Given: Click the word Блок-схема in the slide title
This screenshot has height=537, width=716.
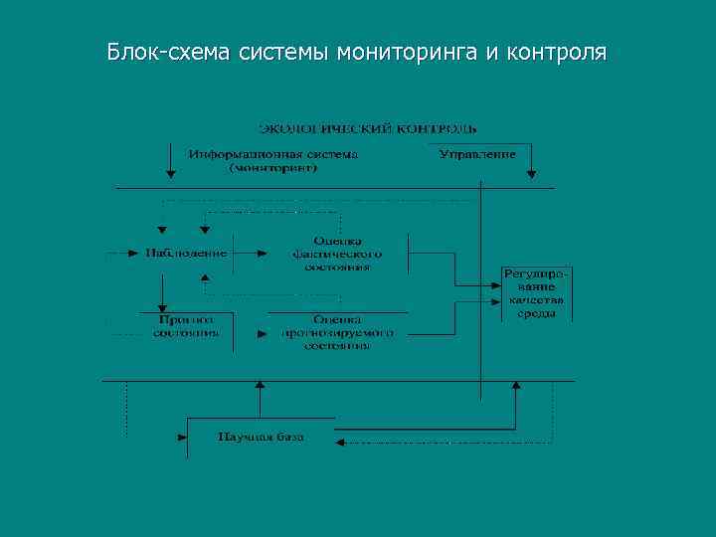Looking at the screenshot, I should click(x=168, y=51).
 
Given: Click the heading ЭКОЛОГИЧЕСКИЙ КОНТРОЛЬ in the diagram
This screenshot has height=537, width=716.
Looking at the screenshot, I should click(x=368, y=128).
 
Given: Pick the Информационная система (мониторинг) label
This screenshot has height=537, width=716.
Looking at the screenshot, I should click(x=273, y=162).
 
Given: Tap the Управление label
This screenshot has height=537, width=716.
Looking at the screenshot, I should click(x=478, y=155).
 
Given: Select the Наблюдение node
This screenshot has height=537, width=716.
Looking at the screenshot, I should click(x=186, y=253).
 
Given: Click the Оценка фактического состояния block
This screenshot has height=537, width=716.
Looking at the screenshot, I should click(x=338, y=254).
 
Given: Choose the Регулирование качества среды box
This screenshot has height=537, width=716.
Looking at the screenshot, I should click(x=536, y=292).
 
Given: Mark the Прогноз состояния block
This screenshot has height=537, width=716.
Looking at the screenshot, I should click(x=186, y=327).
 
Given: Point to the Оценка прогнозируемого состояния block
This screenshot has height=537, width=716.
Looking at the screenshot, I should click(x=338, y=332).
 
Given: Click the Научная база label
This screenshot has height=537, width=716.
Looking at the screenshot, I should click(x=261, y=437).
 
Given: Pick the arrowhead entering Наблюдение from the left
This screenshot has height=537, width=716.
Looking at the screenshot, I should click(x=136, y=253).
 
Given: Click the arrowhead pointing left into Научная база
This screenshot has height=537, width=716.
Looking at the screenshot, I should click(x=340, y=444).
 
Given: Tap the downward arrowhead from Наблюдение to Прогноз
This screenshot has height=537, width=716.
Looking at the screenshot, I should click(x=162, y=308).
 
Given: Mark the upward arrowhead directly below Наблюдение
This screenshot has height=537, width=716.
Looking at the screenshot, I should click(x=205, y=278).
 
